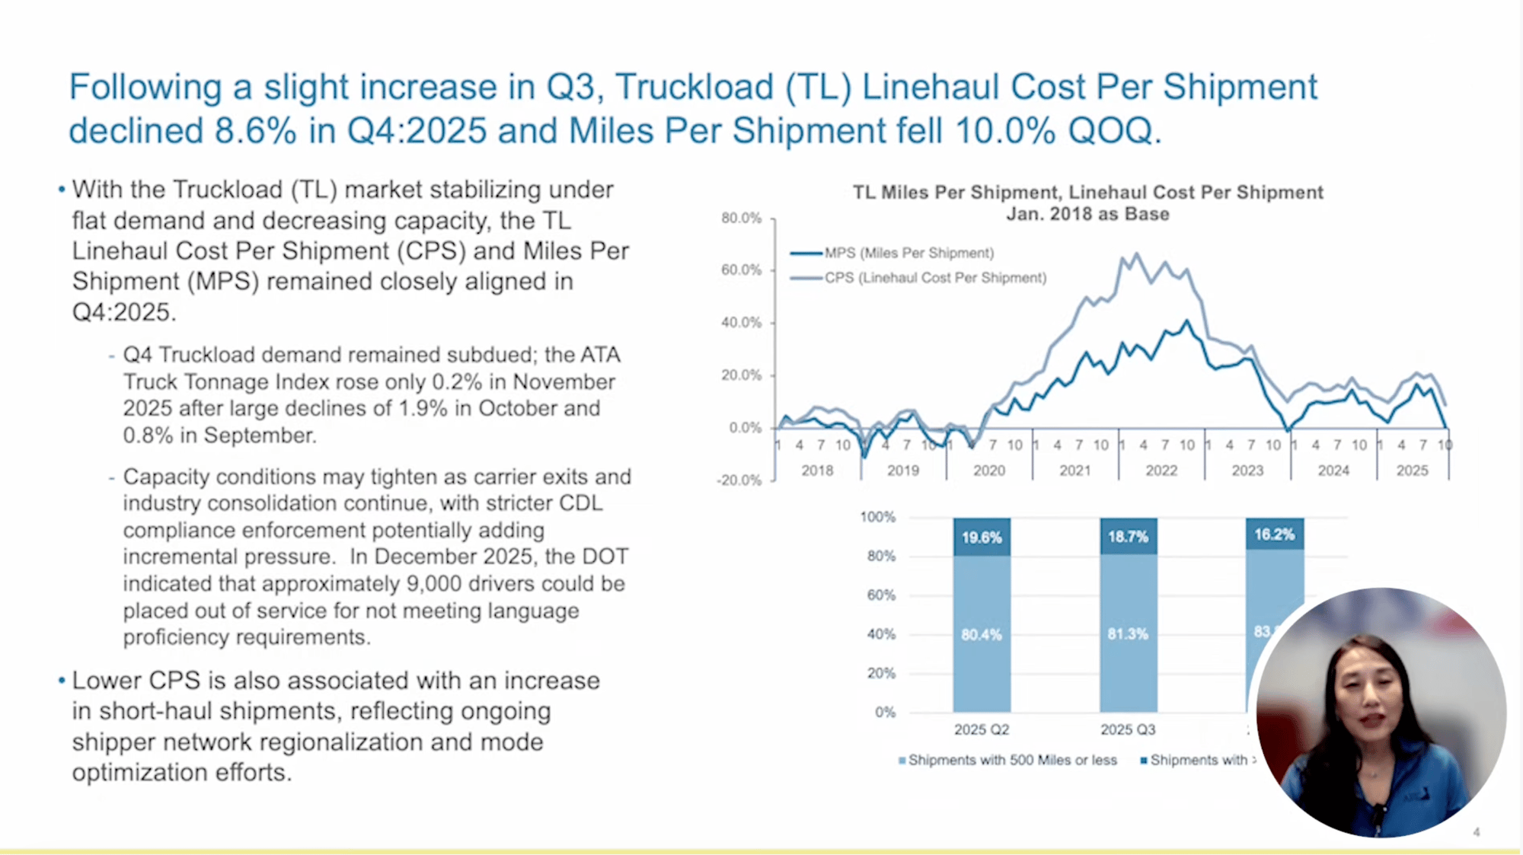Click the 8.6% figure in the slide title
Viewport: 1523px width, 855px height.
tap(255, 131)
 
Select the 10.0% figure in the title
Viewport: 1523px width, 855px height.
tap(1004, 131)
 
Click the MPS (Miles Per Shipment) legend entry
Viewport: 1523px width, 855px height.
tap(908, 253)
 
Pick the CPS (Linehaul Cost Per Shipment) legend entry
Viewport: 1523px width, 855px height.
tap(934, 278)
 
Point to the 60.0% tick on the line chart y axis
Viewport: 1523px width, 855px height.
tap(741, 270)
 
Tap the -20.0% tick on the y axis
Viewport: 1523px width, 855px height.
tap(739, 480)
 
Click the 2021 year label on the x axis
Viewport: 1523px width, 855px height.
tap(1074, 471)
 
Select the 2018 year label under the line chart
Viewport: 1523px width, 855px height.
tap(817, 471)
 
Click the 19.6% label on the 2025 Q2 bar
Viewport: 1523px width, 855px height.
tap(982, 538)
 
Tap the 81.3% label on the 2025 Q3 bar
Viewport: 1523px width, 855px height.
tap(1128, 634)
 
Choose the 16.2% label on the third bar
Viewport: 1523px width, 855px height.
tap(1274, 534)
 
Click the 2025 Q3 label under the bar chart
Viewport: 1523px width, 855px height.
tap(1128, 729)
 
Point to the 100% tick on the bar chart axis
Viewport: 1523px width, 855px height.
tap(878, 518)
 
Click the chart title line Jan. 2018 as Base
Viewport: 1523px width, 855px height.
tap(1087, 215)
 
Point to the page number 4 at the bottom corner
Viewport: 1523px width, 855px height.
tap(1476, 832)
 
